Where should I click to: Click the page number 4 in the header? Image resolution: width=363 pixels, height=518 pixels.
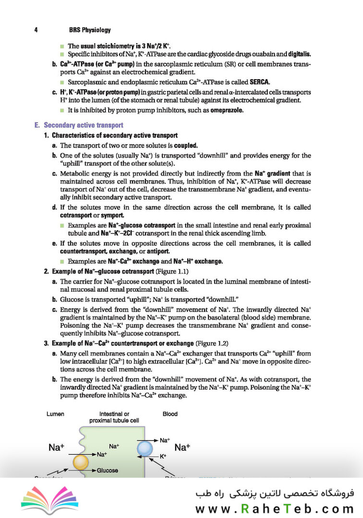pos(36,30)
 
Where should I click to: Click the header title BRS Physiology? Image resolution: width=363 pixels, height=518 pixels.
pos(90,30)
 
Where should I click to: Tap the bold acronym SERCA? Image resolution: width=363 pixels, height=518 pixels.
pos(259,81)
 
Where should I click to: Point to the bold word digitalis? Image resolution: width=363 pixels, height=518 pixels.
pos(297,54)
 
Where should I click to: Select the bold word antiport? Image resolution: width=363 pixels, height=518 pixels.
pos(156,251)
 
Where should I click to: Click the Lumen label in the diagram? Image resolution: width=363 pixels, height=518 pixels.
pos(56,414)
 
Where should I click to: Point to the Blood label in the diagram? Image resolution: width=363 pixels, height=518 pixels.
pos(170,414)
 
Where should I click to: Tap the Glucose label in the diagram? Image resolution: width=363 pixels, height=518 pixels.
pos(107,471)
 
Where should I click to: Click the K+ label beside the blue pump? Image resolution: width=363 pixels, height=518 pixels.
pos(163,456)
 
